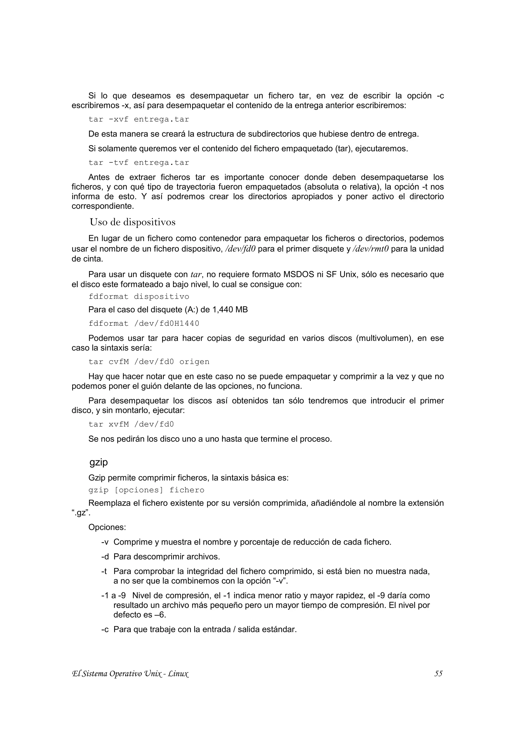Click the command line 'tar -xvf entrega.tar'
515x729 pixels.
click(x=139, y=119)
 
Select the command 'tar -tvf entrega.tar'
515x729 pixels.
click(x=139, y=163)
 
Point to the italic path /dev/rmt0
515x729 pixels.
click(x=371, y=249)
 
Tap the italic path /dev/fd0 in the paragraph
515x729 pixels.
click(x=240, y=249)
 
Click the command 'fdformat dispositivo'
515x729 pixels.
click(x=139, y=297)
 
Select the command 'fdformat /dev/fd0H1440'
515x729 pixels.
click(x=144, y=323)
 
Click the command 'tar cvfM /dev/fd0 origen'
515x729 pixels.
click(x=149, y=362)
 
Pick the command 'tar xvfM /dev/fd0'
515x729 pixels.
click(x=131, y=424)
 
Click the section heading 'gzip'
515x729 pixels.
click(x=99, y=462)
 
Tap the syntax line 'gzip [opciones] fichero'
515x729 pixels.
click(x=146, y=490)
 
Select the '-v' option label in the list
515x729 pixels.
click(x=105, y=542)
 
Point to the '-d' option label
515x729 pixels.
click(x=105, y=557)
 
